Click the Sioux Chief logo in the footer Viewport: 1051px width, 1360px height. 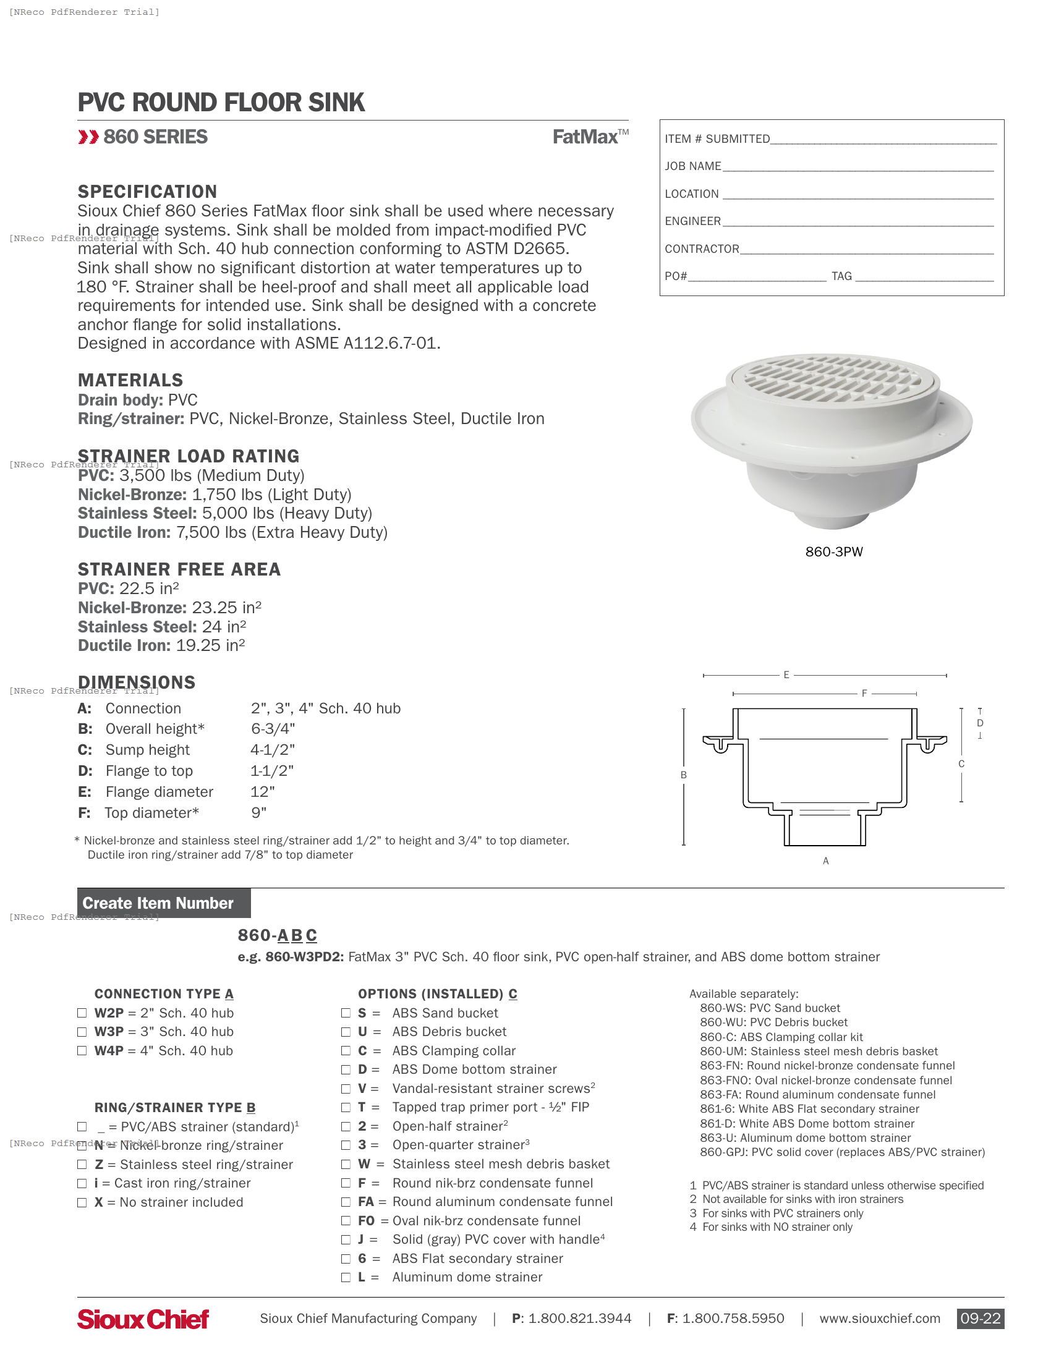pyautogui.click(x=143, y=1319)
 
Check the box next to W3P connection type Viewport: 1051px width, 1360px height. pyautogui.click(x=82, y=1032)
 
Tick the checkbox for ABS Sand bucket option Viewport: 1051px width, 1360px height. pyautogui.click(x=346, y=1013)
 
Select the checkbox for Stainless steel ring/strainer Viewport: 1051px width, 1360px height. pyautogui.click(x=82, y=1165)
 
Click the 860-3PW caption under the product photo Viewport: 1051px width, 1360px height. pyautogui.click(x=834, y=551)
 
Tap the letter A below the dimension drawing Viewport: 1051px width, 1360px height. pyautogui.click(x=825, y=861)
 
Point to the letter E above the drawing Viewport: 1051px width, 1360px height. pyautogui.click(x=786, y=674)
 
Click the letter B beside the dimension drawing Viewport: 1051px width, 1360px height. pyautogui.click(x=684, y=775)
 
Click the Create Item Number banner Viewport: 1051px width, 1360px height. pyautogui.click(x=163, y=903)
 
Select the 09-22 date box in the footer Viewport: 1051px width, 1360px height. pyautogui.click(x=980, y=1319)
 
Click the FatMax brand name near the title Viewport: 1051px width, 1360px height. pyautogui.click(x=586, y=137)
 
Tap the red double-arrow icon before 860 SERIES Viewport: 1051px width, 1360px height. pyautogui.click(x=88, y=137)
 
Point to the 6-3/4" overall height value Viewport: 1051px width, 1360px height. pyautogui.click(x=273, y=729)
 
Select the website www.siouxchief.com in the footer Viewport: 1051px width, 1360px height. pyautogui.click(x=879, y=1319)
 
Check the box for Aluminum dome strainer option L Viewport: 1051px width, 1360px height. pyautogui.click(x=346, y=1277)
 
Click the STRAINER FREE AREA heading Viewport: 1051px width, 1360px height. pyautogui.click(x=179, y=569)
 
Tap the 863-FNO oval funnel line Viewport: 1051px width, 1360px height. pyautogui.click(x=825, y=1081)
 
